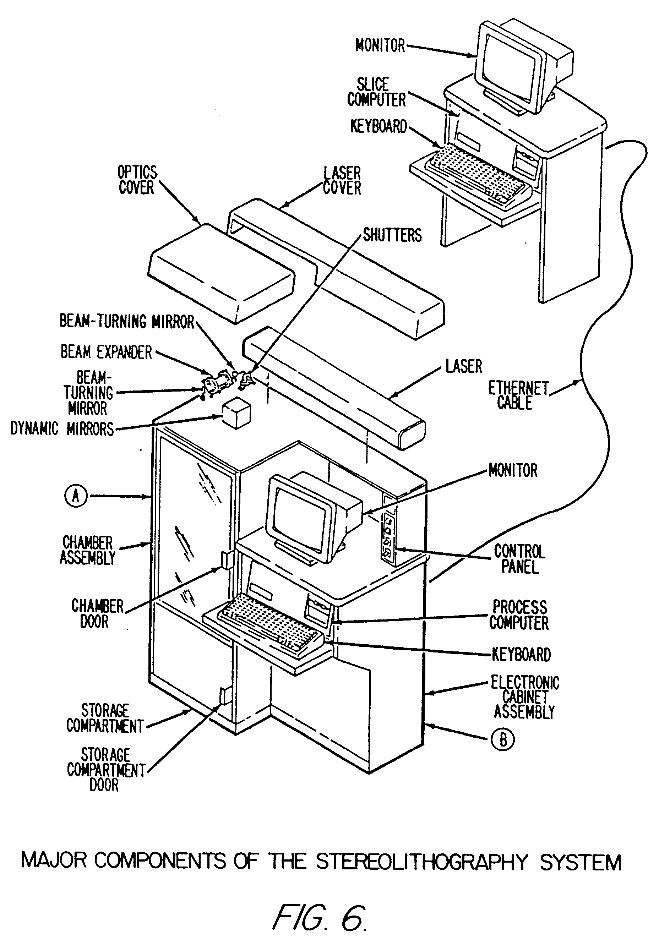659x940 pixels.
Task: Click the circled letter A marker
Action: (x=76, y=496)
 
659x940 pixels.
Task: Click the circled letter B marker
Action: (x=502, y=740)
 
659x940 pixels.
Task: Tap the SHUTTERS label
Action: (x=392, y=235)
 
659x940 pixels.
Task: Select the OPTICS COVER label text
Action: (x=137, y=180)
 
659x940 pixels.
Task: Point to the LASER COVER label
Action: (x=342, y=181)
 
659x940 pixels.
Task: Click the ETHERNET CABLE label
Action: (x=518, y=395)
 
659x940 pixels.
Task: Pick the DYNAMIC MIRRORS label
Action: (x=62, y=429)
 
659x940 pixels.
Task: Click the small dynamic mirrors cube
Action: (x=236, y=414)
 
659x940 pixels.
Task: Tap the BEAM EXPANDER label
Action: (x=106, y=352)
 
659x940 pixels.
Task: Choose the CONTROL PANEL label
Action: (x=519, y=559)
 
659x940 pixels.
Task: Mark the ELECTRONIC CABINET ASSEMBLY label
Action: (x=525, y=697)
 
